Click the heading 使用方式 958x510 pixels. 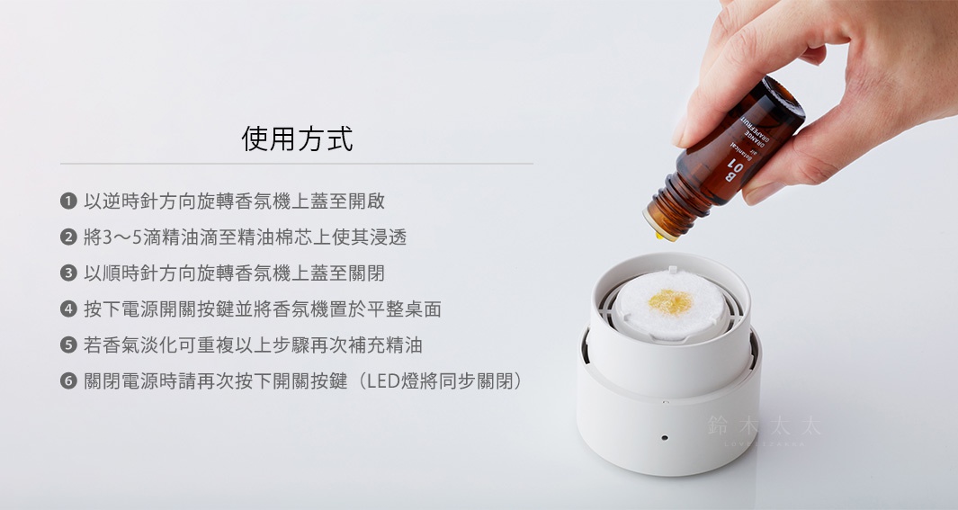(297, 139)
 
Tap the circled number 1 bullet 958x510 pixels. (67, 201)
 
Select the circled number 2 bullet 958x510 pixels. (67, 237)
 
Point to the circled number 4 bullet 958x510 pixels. (67, 309)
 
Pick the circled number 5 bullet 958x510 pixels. (67, 345)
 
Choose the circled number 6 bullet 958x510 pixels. (67, 381)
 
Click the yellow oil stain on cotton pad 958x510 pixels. (670, 301)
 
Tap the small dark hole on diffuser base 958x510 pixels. (664, 437)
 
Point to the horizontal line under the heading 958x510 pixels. (297, 164)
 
